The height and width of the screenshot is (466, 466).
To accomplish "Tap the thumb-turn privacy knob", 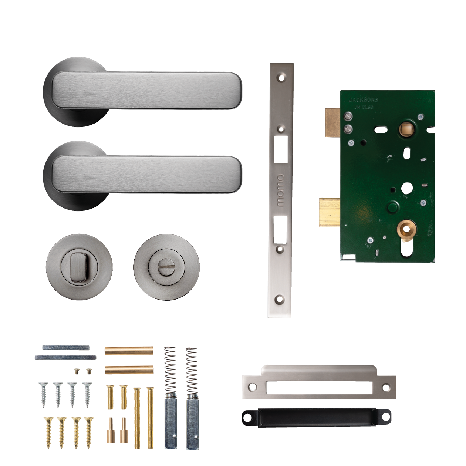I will click(x=78, y=266).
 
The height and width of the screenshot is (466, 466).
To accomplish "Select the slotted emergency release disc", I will click(x=166, y=266).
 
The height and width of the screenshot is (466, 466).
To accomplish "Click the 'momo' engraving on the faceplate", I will click(x=281, y=190).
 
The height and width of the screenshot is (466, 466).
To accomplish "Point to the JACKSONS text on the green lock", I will click(x=364, y=100).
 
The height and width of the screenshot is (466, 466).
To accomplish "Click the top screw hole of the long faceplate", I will click(x=281, y=78).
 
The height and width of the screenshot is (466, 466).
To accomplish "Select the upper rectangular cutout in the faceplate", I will click(x=281, y=149).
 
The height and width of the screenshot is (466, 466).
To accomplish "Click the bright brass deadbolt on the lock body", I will click(x=330, y=212).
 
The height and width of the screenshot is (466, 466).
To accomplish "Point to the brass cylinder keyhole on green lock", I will click(x=406, y=229).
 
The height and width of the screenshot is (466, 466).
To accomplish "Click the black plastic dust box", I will click(x=316, y=417).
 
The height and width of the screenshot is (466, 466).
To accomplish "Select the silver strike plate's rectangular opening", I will click(x=319, y=388).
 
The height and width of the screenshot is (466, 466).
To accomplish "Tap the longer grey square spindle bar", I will click(x=65, y=358).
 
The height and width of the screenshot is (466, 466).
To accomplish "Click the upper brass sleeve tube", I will click(x=129, y=351).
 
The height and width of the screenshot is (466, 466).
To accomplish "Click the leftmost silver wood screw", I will click(x=44, y=394).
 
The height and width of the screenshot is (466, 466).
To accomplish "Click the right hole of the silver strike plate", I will click(x=386, y=388).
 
